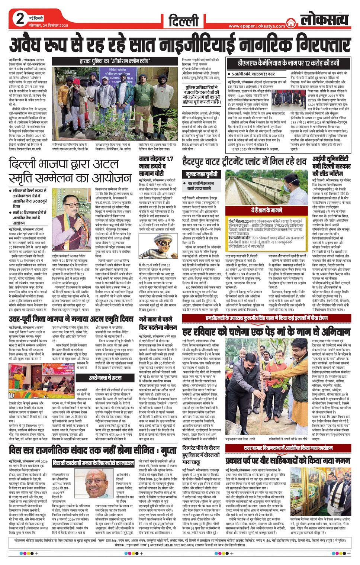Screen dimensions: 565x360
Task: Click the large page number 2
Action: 20,19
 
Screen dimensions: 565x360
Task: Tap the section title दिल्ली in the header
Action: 184,21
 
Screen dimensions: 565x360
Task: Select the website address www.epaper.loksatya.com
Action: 257,26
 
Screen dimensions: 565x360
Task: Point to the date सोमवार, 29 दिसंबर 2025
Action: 49,25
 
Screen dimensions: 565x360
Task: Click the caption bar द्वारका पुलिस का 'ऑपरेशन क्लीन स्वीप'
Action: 115,61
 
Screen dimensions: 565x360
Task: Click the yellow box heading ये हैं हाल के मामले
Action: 266,210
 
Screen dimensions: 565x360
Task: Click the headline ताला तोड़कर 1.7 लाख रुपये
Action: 156,166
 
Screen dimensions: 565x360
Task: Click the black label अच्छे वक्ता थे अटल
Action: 105,378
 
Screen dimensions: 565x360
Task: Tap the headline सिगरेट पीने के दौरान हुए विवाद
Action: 201,455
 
